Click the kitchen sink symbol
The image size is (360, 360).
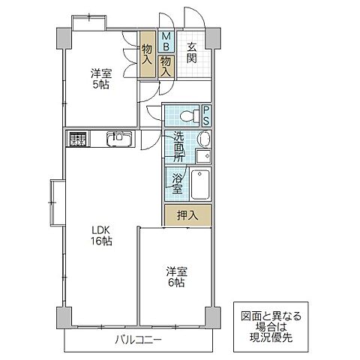pyautogui.click(x=118, y=138)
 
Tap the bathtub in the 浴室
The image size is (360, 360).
pyautogui.click(x=199, y=183)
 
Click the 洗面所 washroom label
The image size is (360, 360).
pyautogui.click(x=178, y=147)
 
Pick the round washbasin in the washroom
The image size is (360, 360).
pyautogui.click(x=202, y=139)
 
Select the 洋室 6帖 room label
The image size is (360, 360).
pyautogui.click(x=175, y=277)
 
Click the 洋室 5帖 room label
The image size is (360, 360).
pyautogui.click(x=101, y=79)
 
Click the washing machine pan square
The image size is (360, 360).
pyautogui.click(x=202, y=156)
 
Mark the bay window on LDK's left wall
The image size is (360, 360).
pyautogui.click(x=55, y=202)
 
